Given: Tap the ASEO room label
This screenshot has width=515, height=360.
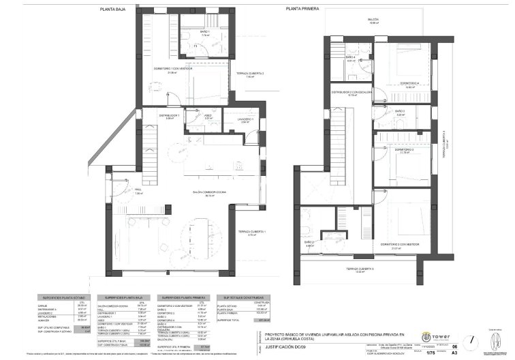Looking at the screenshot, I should (x=208, y=117).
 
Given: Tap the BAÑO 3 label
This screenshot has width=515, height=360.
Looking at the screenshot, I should (x=400, y=112).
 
